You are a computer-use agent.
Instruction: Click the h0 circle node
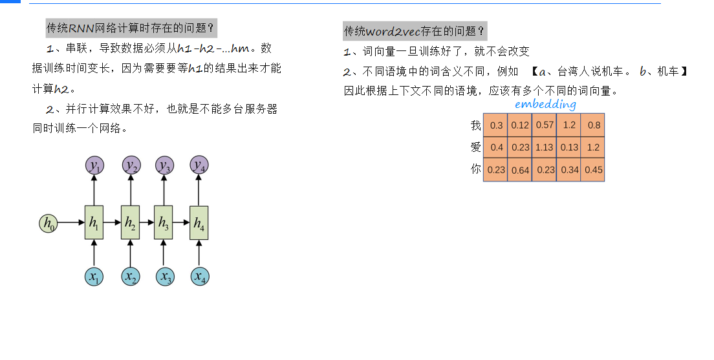(47, 223)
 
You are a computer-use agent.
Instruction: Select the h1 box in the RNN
(94, 223)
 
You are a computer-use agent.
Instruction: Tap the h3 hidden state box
(163, 223)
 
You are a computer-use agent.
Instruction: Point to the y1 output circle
(94, 165)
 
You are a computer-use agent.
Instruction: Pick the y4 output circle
(199, 165)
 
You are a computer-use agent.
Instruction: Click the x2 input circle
(131, 277)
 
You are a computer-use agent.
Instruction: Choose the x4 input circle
(199, 277)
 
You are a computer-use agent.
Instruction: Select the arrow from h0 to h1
(70, 223)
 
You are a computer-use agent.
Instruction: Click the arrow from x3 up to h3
(164, 253)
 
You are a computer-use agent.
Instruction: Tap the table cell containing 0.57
(544, 125)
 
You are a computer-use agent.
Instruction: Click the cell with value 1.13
(544, 147)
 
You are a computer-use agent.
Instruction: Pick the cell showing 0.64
(519, 170)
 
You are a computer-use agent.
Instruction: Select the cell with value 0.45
(592, 170)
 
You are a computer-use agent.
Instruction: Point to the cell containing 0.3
(496, 125)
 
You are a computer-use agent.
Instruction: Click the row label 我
(475, 125)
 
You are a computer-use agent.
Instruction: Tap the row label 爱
(475, 147)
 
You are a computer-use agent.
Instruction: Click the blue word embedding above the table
(545, 104)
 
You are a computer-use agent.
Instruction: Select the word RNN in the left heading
(81, 28)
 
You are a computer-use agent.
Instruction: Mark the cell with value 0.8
(592, 125)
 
